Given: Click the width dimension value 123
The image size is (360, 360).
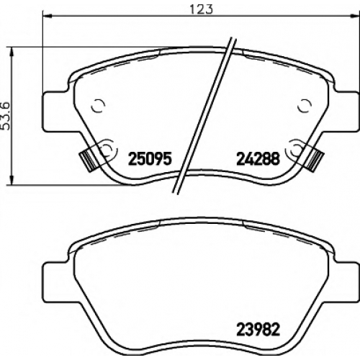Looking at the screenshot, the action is click(201, 9).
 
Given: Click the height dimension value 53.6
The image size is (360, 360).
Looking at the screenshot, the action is click(5, 116).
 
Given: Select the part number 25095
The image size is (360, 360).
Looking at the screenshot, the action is click(150, 158).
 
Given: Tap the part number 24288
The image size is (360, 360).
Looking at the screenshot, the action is click(258, 158).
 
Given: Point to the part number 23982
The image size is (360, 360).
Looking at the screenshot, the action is click(258, 330).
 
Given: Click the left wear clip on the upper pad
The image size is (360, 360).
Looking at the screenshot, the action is click(88, 160).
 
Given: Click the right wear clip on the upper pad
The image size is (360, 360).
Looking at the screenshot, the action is click(315, 160).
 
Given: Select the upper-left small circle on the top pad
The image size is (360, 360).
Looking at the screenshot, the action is click(99, 105).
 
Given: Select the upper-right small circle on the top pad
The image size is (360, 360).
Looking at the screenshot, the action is click(305, 105).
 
